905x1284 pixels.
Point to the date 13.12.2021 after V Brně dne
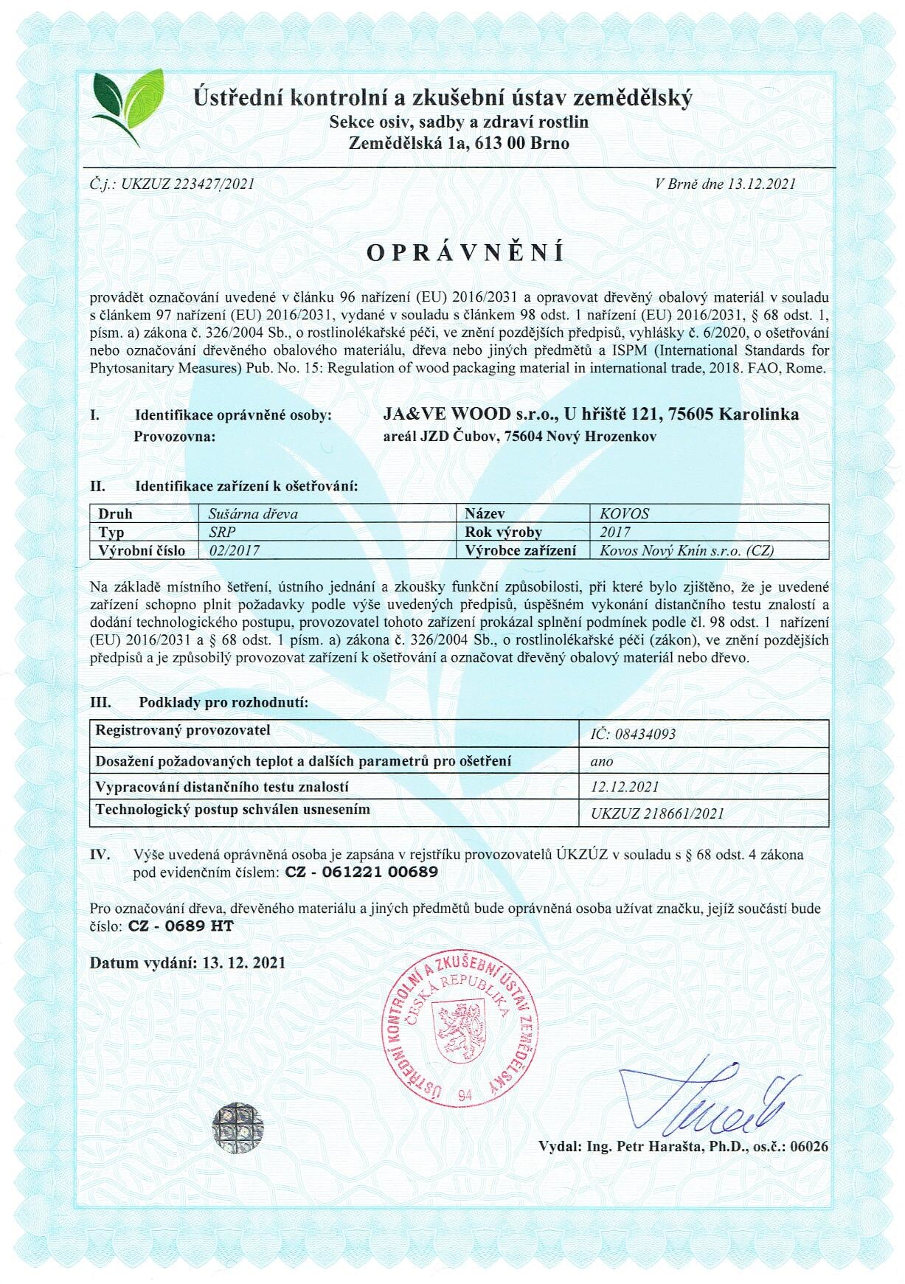(x=761, y=184)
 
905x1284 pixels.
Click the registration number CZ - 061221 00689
(x=361, y=872)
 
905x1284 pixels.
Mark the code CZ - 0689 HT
(x=181, y=926)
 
